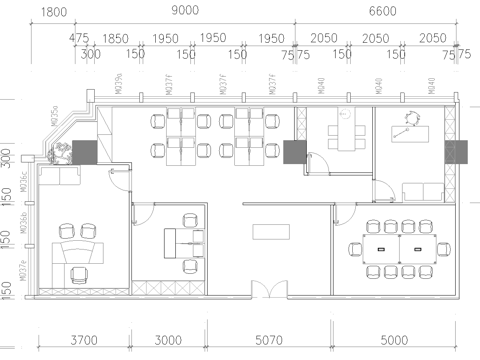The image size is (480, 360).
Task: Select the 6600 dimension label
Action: point(383,11)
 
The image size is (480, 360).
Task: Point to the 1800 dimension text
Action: point(55,11)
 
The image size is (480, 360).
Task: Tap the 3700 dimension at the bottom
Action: point(82,340)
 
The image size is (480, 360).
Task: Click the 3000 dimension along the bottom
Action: point(168,340)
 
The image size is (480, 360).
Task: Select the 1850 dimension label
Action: point(116,37)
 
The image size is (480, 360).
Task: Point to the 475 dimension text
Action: point(80,37)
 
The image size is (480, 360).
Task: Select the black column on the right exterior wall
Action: point(456,152)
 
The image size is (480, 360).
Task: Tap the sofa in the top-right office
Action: point(418,192)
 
